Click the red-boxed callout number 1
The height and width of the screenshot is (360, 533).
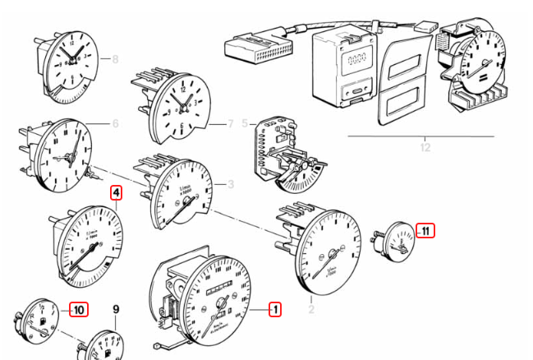click(x=276, y=309)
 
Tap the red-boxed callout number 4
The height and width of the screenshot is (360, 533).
click(x=117, y=194)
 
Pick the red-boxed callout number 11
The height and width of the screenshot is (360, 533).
click(x=425, y=230)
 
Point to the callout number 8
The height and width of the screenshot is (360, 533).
click(x=115, y=59)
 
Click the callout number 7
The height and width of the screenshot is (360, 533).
click(x=231, y=123)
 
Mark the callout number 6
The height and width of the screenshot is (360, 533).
click(x=115, y=123)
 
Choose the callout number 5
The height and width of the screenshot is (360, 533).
click(x=244, y=123)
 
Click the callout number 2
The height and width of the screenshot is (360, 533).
click(x=311, y=309)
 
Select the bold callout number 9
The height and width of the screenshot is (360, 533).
click(x=116, y=310)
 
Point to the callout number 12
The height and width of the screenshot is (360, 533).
click(x=425, y=148)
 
